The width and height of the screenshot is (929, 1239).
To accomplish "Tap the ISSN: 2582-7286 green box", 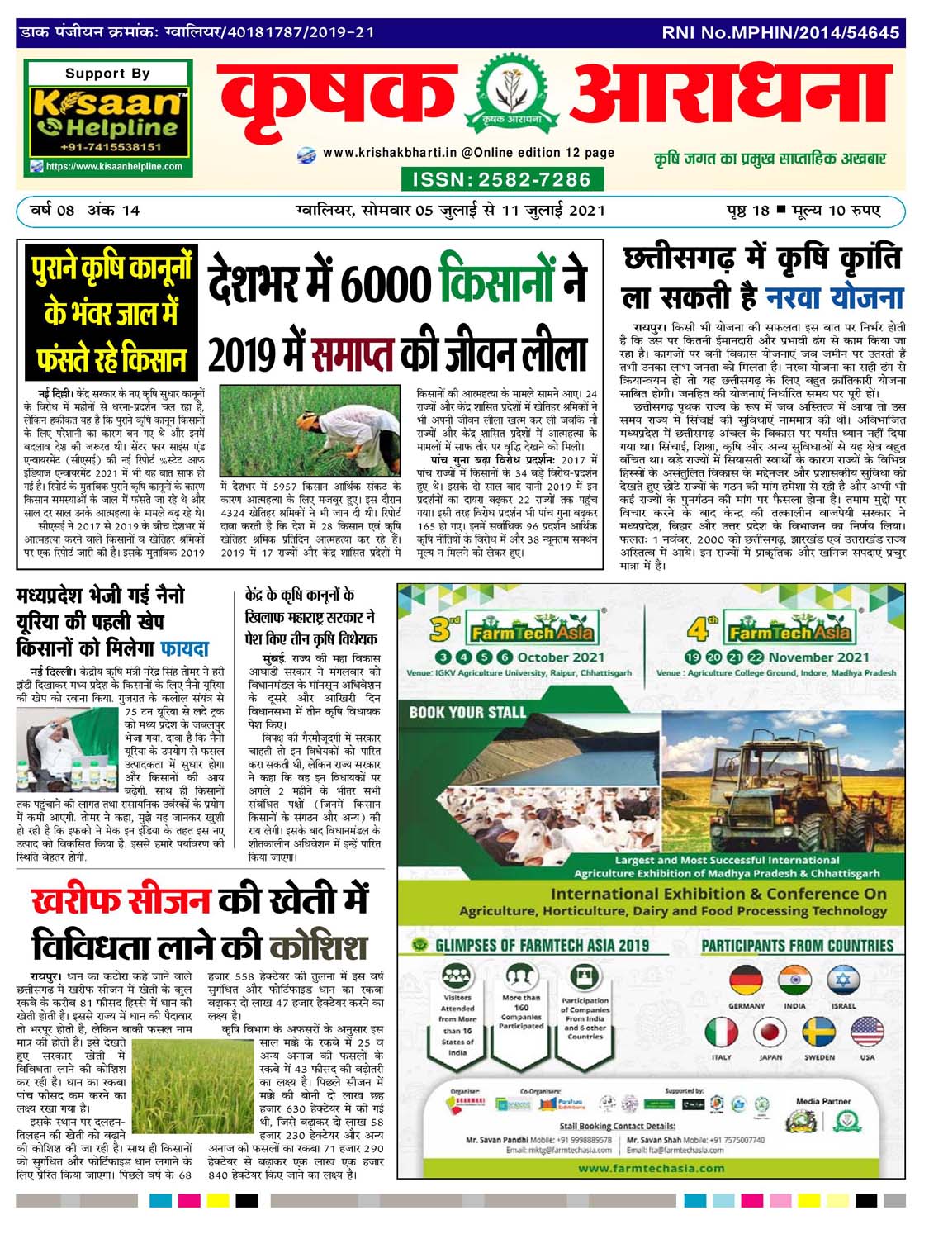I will pyautogui.click(x=501, y=179).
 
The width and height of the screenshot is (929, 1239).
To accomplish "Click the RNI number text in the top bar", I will pyautogui.click(x=780, y=33).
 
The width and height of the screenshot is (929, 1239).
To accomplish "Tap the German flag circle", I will pyautogui.click(x=746, y=980).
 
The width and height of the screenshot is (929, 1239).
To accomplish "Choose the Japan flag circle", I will pyautogui.click(x=770, y=1032).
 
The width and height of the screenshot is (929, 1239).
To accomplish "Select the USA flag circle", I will pyautogui.click(x=867, y=1032).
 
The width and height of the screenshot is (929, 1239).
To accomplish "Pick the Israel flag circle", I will pyautogui.click(x=843, y=980).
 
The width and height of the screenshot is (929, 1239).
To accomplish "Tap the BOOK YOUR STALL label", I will pyautogui.click(x=467, y=712).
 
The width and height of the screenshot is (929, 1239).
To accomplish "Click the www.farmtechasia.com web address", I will pyautogui.click(x=652, y=1168).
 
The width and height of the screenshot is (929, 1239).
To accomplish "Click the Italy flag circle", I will pyautogui.click(x=721, y=1032).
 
